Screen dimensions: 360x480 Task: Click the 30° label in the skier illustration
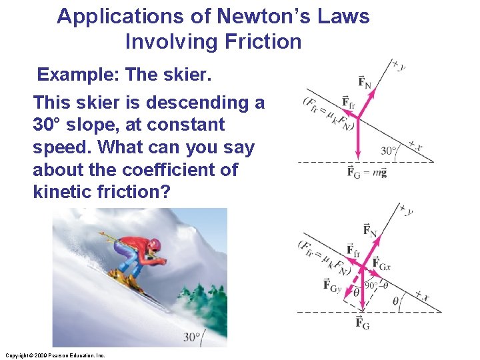click(193, 337)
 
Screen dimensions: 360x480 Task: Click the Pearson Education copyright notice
click(55, 355)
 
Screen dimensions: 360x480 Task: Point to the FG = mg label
click(367, 173)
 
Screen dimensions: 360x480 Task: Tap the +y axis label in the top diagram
click(399, 65)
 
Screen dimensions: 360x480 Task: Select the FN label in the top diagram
click(365, 81)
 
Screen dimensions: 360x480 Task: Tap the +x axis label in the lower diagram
click(422, 294)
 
